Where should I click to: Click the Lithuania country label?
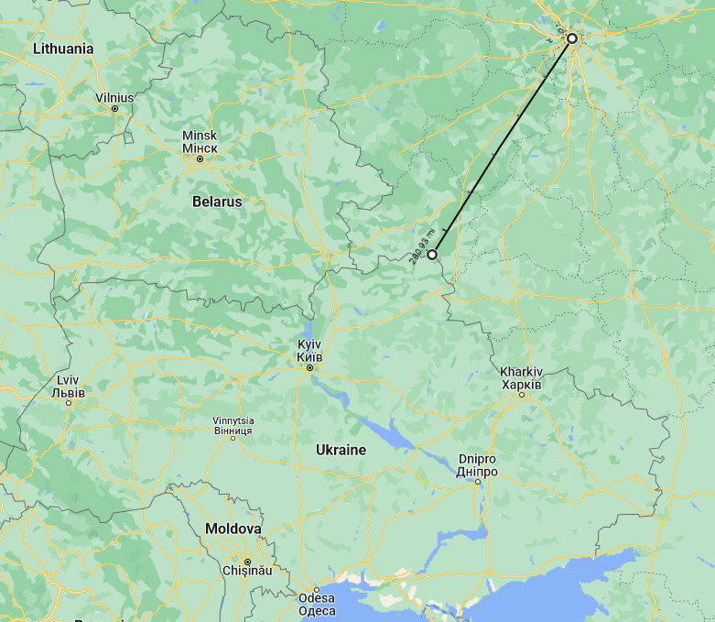coord(62,49)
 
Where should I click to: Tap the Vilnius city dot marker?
coord(115,109)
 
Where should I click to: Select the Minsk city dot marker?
coord(200,159)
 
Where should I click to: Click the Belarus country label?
coord(217,201)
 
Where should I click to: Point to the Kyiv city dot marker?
coord(309,367)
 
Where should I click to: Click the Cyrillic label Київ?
coord(309,356)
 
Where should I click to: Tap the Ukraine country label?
coord(341,450)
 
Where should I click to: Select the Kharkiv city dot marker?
coord(522,395)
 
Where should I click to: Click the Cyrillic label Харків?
coord(521,384)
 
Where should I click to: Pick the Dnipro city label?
coord(477,459)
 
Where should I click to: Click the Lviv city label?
coord(68,380)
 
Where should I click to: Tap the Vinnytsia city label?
coord(233,420)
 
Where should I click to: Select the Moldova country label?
coord(233,529)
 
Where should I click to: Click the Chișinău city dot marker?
coord(247,562)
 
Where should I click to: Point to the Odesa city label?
coord(317,599)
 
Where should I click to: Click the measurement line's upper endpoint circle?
coord(572,39)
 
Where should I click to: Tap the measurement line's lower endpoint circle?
coord(432,255)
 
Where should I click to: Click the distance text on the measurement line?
coord(420,245)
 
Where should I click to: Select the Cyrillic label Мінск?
coord(200,147)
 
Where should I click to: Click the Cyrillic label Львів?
coord(68,393)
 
